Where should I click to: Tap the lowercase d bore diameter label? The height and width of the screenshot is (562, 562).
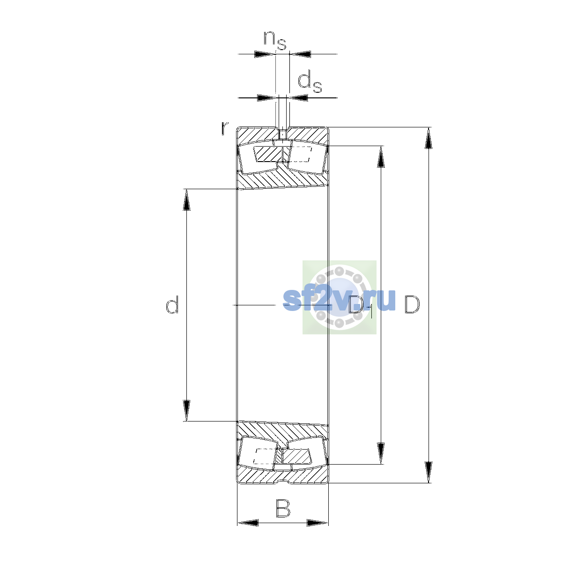click(x=172, y=304)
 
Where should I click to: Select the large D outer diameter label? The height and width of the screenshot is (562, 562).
click(x=412, y=304)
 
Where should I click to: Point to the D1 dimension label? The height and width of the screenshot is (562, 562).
click(x=361, y=306)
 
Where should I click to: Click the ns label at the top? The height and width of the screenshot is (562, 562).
click(x=275, y=40)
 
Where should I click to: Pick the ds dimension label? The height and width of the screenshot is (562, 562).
click(x=310, y=82)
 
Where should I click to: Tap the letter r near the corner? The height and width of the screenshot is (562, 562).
click(x=225, y=128)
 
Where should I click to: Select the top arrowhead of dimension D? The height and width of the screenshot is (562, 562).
click(x=428, y=138)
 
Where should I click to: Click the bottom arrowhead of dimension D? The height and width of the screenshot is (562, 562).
click(x=428, y=472)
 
